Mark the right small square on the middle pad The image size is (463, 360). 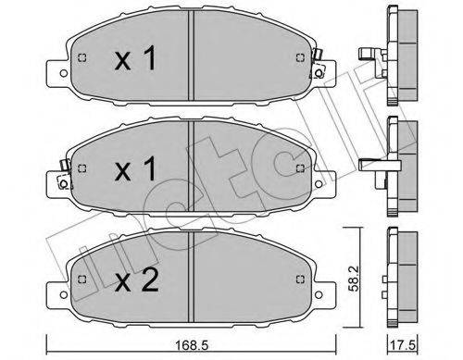297,168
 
